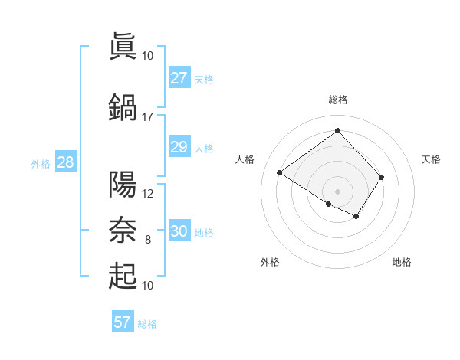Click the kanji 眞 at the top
[123, 46]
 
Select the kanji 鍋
[123, 107]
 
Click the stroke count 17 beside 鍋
[147, 117]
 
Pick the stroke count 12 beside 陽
[148, 194]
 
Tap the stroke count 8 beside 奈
[148, 240]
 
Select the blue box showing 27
[179, 78]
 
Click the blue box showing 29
[179, 147]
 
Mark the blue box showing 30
[179, 231]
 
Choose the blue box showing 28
[65, 162]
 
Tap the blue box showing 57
[123, 322]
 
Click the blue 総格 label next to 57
[147, 324]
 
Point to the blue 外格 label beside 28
[41, 163]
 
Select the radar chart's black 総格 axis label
[337, 100]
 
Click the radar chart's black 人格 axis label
[245, 159]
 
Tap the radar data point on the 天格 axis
[381, 177]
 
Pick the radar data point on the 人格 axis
[280, 172]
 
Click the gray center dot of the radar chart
[337, 191]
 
